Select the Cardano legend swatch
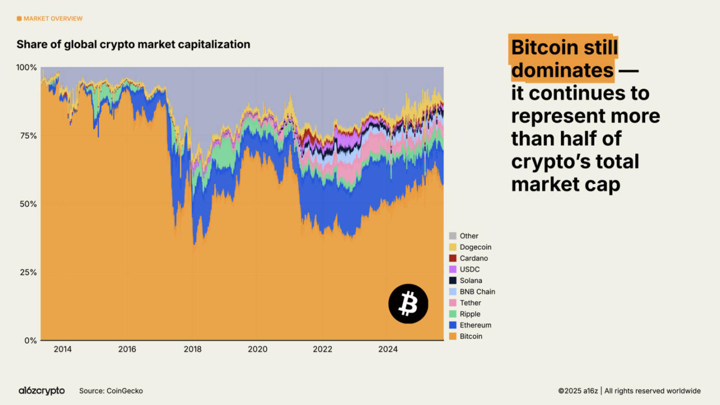(453, 258)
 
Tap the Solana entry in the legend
(470, 281)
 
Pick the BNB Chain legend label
(477, 292)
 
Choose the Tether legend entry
(470, 303)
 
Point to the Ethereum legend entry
(475, 325)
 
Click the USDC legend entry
(469, 270)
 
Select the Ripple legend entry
(469, 314)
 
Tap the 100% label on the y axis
(27, 68)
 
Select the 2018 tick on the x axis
(192, 349)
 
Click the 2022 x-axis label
(322, 349)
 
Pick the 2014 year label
(63, 349)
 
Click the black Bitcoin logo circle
(408, 303)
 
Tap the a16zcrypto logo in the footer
(42, 391)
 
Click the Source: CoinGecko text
(111, 391)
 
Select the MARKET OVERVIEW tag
(50, 19)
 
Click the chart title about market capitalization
(133, 45)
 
